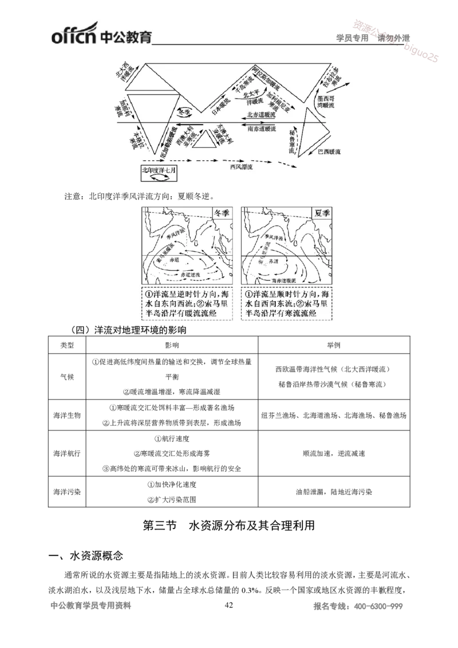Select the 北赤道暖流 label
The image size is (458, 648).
click(x=260, y=115)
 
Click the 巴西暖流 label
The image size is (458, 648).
click(x=329, y=152)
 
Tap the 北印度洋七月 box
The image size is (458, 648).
click(x=159, y=174)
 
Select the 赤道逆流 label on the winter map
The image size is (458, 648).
click(x=191, y=275)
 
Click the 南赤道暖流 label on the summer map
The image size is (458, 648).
click(x=285, y=281)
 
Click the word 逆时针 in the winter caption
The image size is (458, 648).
click(x=190, y=294)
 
